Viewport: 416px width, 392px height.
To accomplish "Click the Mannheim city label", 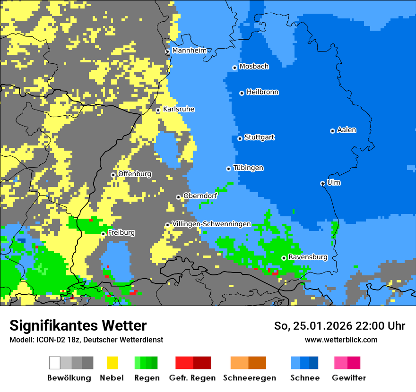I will point(190,51).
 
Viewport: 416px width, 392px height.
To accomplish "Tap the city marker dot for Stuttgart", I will point(240,138).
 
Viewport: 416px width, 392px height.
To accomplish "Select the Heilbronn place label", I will point(262,92).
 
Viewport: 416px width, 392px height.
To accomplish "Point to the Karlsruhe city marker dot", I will point(158,111).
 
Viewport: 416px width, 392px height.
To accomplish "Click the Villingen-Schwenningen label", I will point(211,224).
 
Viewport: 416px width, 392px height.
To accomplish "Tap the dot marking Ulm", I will point(323,183).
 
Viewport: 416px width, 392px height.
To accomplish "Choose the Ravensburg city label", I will point(308,257).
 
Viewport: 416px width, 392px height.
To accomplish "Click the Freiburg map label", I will point(121,233).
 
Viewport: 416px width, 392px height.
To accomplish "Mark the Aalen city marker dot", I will point(333,131).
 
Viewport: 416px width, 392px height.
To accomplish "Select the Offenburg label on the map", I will point(135,174).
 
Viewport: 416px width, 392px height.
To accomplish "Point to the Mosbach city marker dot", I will point(235,68).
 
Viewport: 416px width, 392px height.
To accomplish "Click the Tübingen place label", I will point(248,168).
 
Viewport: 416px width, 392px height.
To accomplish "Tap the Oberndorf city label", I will point(200,196).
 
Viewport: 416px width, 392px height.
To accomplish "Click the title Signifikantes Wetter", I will point(78,325).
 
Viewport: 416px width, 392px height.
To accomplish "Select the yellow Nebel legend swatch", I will point(112,363).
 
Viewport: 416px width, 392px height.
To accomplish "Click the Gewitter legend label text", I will point(349,378).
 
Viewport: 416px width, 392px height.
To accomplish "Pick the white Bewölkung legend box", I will point(55,363).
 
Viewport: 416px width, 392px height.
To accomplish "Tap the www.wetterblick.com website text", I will point(341,340).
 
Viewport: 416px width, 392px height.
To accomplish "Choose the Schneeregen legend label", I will point(249,378).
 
